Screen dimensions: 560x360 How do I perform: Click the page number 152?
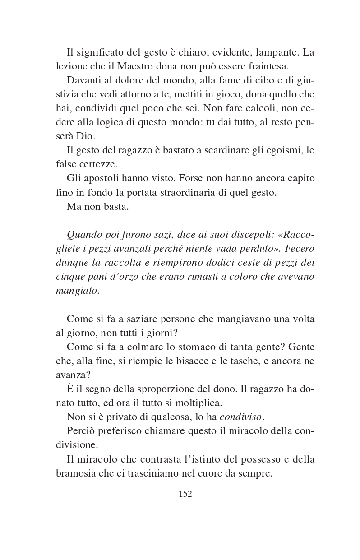tap(185, 494)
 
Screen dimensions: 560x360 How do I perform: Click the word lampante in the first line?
tap(275, 52)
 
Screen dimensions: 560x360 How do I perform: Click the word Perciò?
tap(81, 431)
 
